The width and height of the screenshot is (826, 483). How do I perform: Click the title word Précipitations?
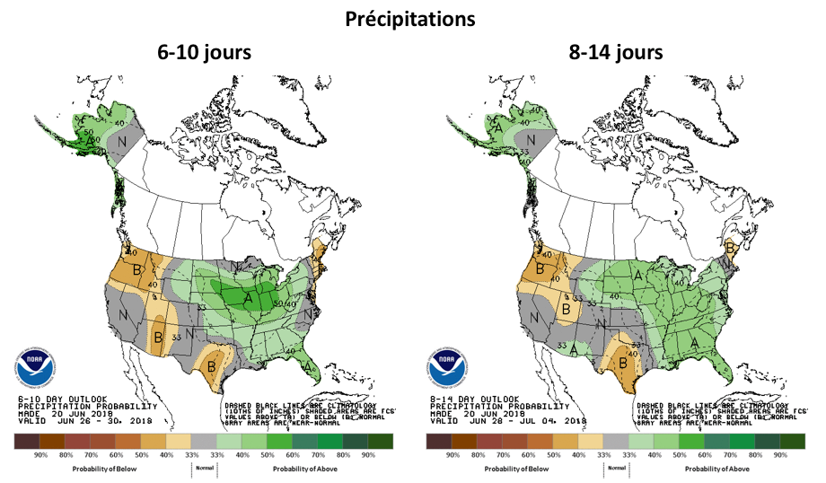pyautogui.click(x=412, y=19)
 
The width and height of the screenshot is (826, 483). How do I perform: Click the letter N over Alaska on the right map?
pyautogui.click(x=532, y=140)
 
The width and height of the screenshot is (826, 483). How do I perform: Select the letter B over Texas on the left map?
pyautogui.click(x=213, y=364)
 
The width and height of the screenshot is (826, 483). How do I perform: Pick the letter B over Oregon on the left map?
pyautogui.click(x=137, y=268)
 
